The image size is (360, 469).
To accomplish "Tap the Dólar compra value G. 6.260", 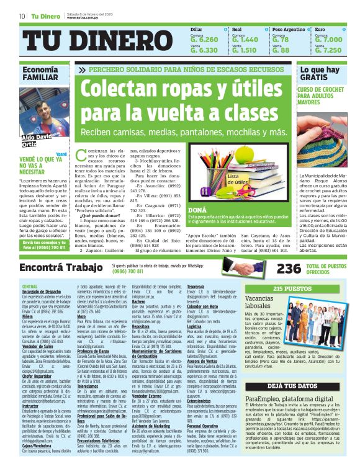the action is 204,39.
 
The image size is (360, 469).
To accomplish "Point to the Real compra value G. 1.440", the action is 244,39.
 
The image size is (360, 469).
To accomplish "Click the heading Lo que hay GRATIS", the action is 319,74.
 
